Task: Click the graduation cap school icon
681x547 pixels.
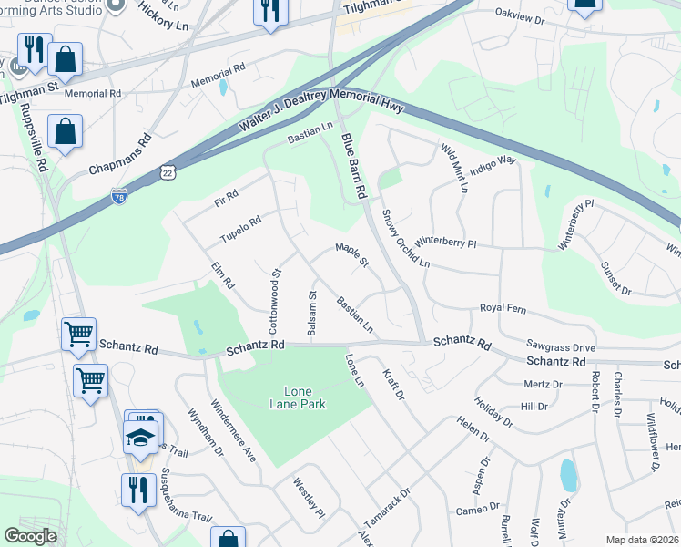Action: coord(141,439)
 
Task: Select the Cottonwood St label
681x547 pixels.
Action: coord(273,300)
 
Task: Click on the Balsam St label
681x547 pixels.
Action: coord(311,315)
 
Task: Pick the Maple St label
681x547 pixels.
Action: coord(351,254)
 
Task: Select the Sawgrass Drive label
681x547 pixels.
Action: coord(560,346)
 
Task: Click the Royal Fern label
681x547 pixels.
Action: coord(503,308)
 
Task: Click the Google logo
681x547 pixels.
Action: coord(30,536)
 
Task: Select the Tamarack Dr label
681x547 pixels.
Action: coord(388,511)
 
